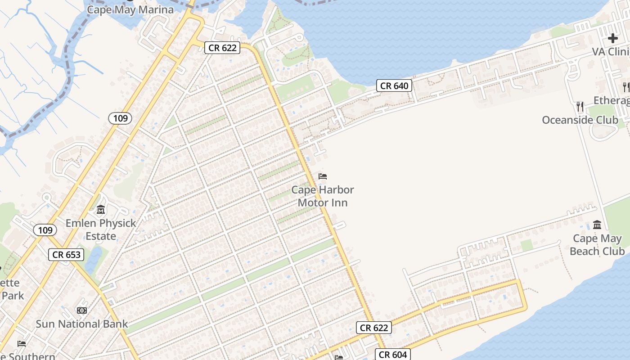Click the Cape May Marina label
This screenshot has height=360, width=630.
130,9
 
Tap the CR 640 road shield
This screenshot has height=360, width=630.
394,85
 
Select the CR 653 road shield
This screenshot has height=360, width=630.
67,254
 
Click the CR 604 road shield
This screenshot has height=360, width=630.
393,355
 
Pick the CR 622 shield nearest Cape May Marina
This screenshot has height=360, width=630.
222,48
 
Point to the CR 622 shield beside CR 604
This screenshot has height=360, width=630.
374,328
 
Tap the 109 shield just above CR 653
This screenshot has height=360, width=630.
45,230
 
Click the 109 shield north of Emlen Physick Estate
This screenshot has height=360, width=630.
120,118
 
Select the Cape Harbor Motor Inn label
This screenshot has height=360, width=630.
323,196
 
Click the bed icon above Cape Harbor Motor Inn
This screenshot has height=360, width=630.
323,176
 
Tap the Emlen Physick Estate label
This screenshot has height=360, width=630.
101,229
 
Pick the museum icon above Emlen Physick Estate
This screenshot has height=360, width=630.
101,210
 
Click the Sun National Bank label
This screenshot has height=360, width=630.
81,324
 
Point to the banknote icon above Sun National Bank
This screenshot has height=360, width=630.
81,310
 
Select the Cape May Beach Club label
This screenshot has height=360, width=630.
597,245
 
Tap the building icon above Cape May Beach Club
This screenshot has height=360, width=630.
597,225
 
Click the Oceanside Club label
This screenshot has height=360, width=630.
580,120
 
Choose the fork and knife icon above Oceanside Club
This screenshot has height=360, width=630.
580,106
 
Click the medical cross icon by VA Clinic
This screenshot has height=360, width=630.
612,38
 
